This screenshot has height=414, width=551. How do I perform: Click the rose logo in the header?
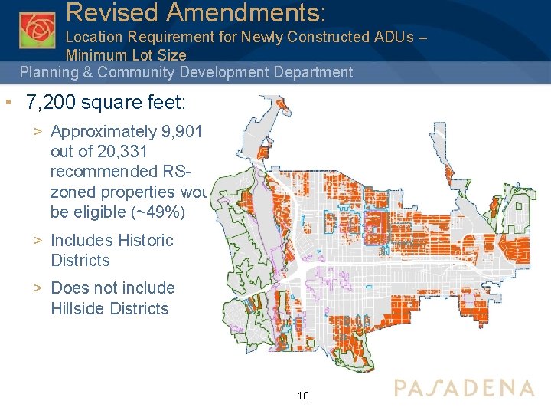(x=37, y=30)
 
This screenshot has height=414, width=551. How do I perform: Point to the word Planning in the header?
(x=49, y=73)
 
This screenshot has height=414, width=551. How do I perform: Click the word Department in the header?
(x=307, y=73)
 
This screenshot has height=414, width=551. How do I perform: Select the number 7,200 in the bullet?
(x=51, y=102)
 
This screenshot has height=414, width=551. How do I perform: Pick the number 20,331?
(x=130, y=152)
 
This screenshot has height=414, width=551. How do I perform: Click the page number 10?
(x=303, y=396)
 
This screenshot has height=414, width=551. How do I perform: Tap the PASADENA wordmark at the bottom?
(x=464, y=387)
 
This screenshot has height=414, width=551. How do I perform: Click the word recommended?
(x=103, y=172)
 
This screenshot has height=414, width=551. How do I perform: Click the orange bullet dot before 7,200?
(x=7, y=103)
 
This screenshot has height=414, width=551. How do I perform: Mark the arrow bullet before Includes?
(x=37, y=241)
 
